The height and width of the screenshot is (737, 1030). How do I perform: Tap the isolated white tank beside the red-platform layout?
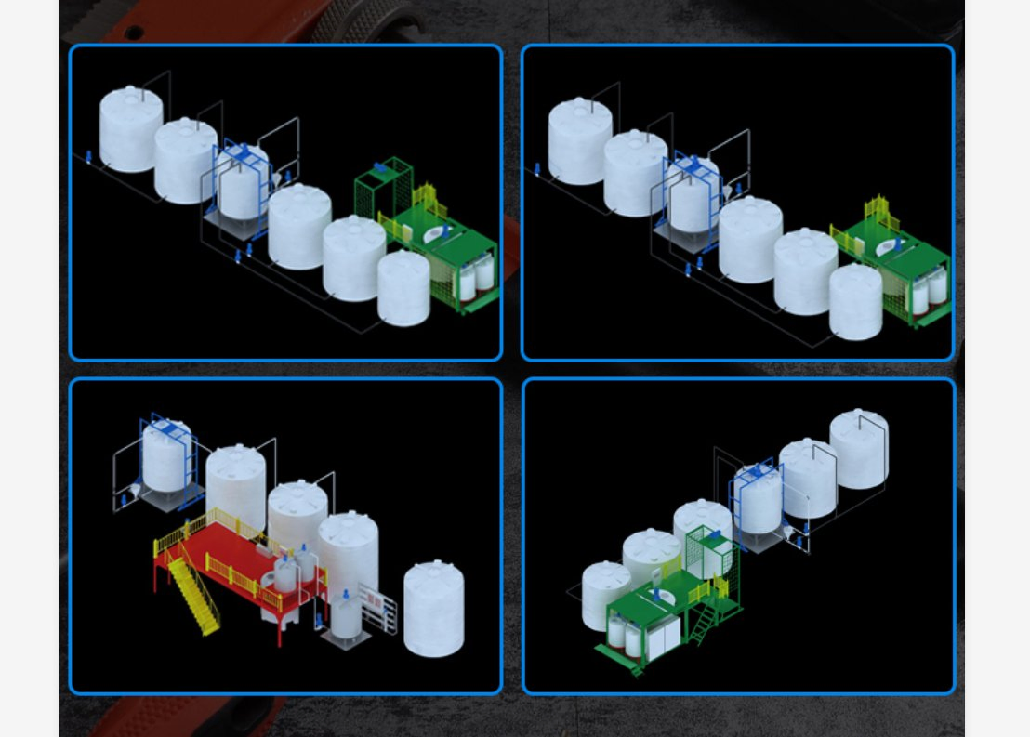[x=433, y=609]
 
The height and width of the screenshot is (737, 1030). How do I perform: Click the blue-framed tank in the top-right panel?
[x=692, y=194]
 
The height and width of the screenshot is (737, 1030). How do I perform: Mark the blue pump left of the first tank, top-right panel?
[x=537, y=168]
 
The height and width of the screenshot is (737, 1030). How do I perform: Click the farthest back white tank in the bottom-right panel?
[x=859, y=449]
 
